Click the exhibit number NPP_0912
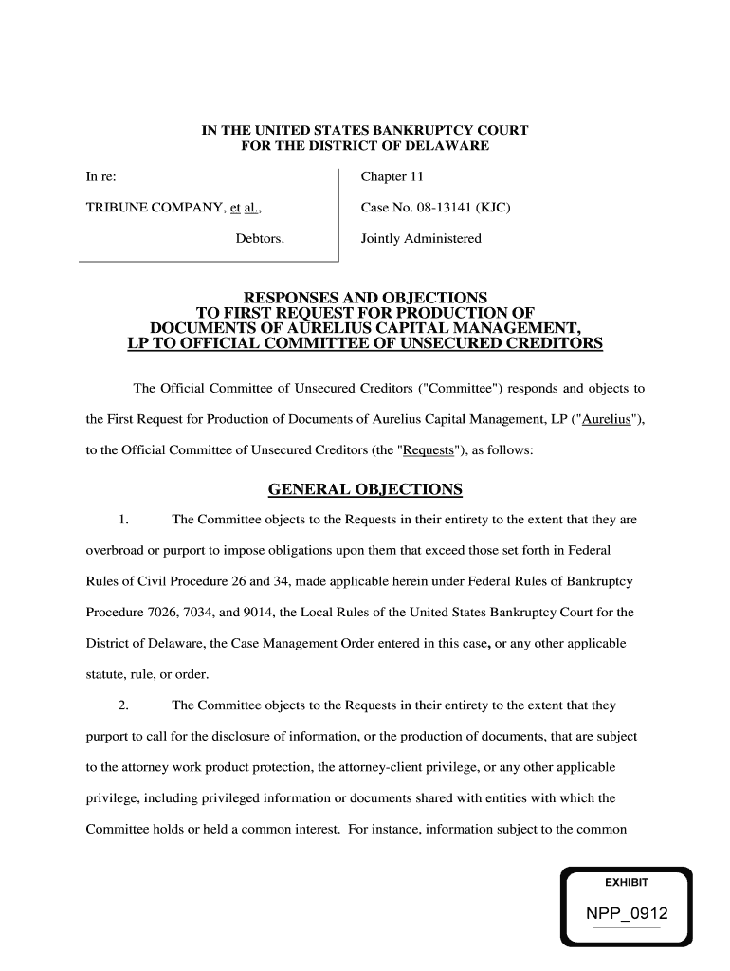(x=626, y=914)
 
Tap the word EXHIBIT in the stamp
(x=626, y=882)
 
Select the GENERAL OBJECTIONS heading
(x=365, y=489)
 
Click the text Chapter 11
(x=392, y=177)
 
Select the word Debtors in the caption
(x=260, y=238)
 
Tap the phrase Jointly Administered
(x=421, y=238)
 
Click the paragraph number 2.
(x=123, y=705)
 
